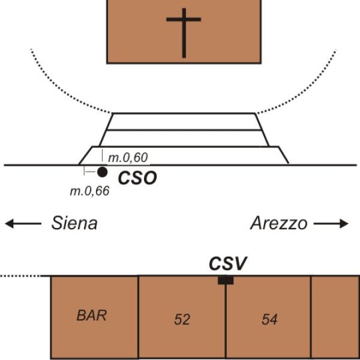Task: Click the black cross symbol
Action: click(184, 32)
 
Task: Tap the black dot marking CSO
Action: click(103, 172)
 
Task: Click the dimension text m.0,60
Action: click(128, 158)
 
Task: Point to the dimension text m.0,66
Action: click(89, 192)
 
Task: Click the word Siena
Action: click(74, 224)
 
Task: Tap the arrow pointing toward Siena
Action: click(23, 224)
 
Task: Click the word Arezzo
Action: click(278, 224)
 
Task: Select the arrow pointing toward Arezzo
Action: click(331, 224)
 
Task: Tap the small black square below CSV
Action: click(226, 280)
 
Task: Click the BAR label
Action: click(91, 315)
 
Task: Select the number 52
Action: click(182, 320)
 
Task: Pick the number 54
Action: click(269, 320)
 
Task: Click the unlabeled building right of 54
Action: click(335, 317)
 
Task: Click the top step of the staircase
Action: click(184, 121)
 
